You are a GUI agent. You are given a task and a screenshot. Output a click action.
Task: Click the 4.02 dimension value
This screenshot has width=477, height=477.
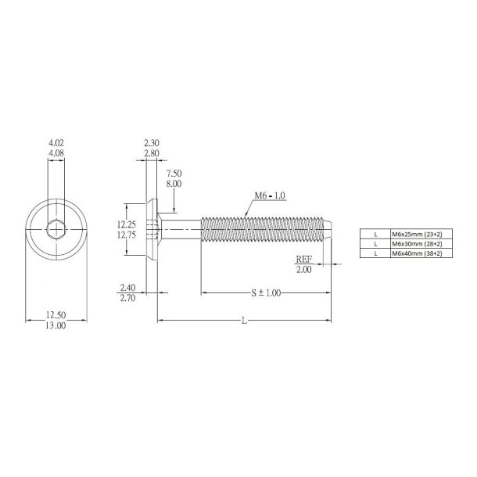point(56,143)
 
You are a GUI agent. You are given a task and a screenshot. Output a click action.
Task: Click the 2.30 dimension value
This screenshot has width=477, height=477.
point(152,143)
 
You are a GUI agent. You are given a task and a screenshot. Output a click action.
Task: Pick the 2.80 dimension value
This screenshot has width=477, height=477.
point(152,154)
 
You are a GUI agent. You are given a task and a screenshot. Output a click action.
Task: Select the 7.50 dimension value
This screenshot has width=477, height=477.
point(174,173)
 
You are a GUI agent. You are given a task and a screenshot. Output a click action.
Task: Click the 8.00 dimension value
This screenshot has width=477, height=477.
point(174,183)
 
